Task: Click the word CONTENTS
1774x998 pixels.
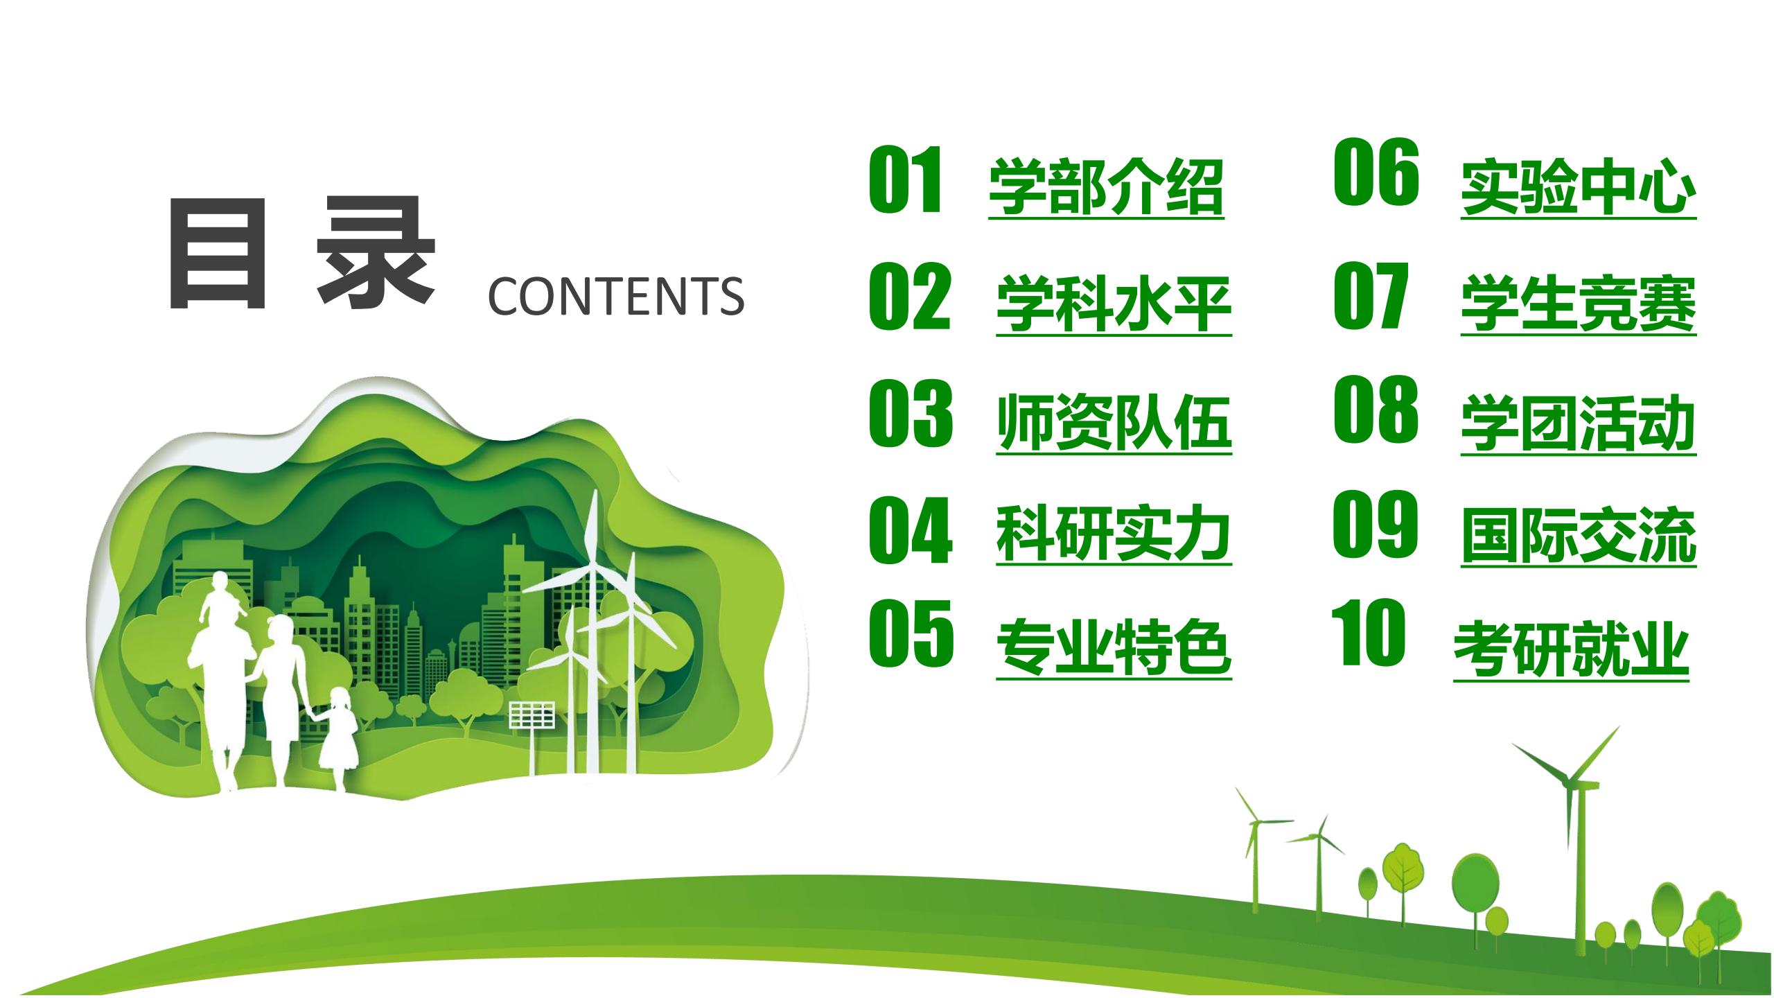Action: coord(616,297)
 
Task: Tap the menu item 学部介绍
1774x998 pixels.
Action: coord(1106,187)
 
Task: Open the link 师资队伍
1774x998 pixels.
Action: coord(1114,423)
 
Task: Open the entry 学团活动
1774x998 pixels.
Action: coord(1579,423)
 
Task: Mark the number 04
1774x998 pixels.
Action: coord(911,530)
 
